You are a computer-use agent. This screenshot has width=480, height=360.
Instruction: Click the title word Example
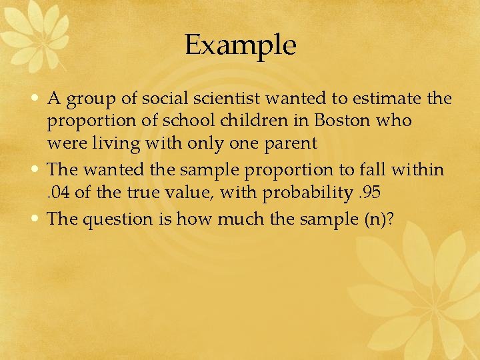point(240,45)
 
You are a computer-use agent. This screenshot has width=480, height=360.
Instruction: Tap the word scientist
point(227,99)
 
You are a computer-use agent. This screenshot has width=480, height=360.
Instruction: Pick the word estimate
point(383,99)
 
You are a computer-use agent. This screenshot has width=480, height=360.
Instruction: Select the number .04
point(59,193)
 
